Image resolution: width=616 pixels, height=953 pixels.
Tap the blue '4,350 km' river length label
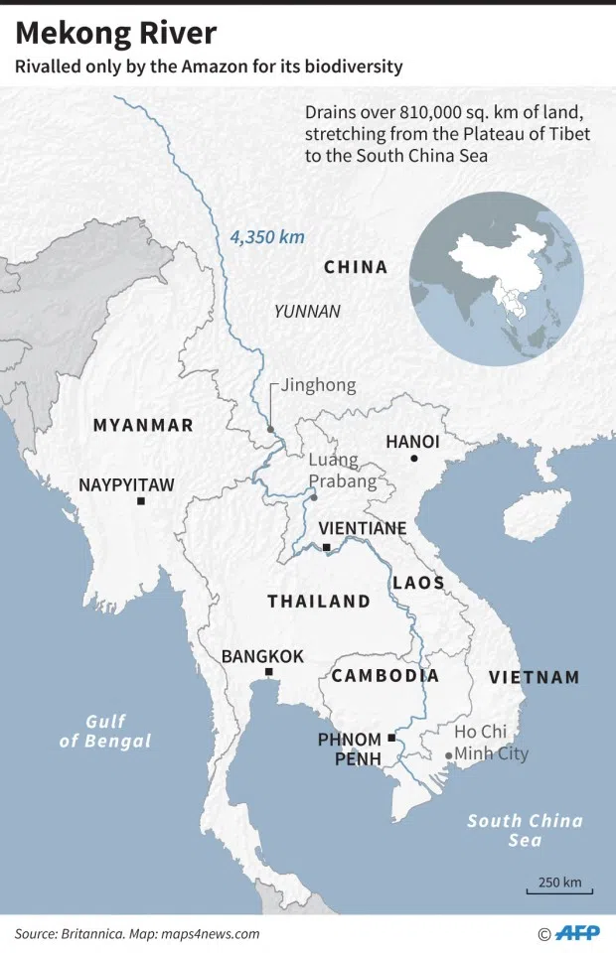(x=267, y=237)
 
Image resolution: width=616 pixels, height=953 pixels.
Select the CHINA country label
(x=356, y=267)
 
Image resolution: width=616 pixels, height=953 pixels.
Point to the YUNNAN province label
(x=307, y=312)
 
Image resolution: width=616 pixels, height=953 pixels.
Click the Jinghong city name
(x=318, y=385)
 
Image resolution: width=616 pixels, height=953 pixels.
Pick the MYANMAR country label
(x=143, y=425)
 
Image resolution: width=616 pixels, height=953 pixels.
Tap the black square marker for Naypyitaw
(x=141, y=502)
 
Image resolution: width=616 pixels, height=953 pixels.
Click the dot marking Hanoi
(x=414, y=459)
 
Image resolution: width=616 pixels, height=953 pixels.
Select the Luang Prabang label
(x=343, y=471)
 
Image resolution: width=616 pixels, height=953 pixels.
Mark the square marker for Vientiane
(x=326, y=547)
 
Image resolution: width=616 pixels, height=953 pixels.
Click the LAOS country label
(x=418, y=583)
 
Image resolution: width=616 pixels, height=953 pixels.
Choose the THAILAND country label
(x=318, y=602)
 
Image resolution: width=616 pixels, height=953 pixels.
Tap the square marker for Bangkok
(x=268, y=673)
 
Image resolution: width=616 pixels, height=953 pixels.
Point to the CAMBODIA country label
(x=385, y=676)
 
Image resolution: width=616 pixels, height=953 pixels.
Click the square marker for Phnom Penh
(x=392, y=738)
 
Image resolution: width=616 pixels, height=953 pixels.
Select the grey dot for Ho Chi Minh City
(x=448, y=755)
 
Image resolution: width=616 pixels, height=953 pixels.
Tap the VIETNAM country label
(x=534, y=677)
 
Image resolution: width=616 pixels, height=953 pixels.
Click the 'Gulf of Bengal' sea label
(x=105, y=731)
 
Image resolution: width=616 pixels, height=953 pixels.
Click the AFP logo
(x=577, y=933)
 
